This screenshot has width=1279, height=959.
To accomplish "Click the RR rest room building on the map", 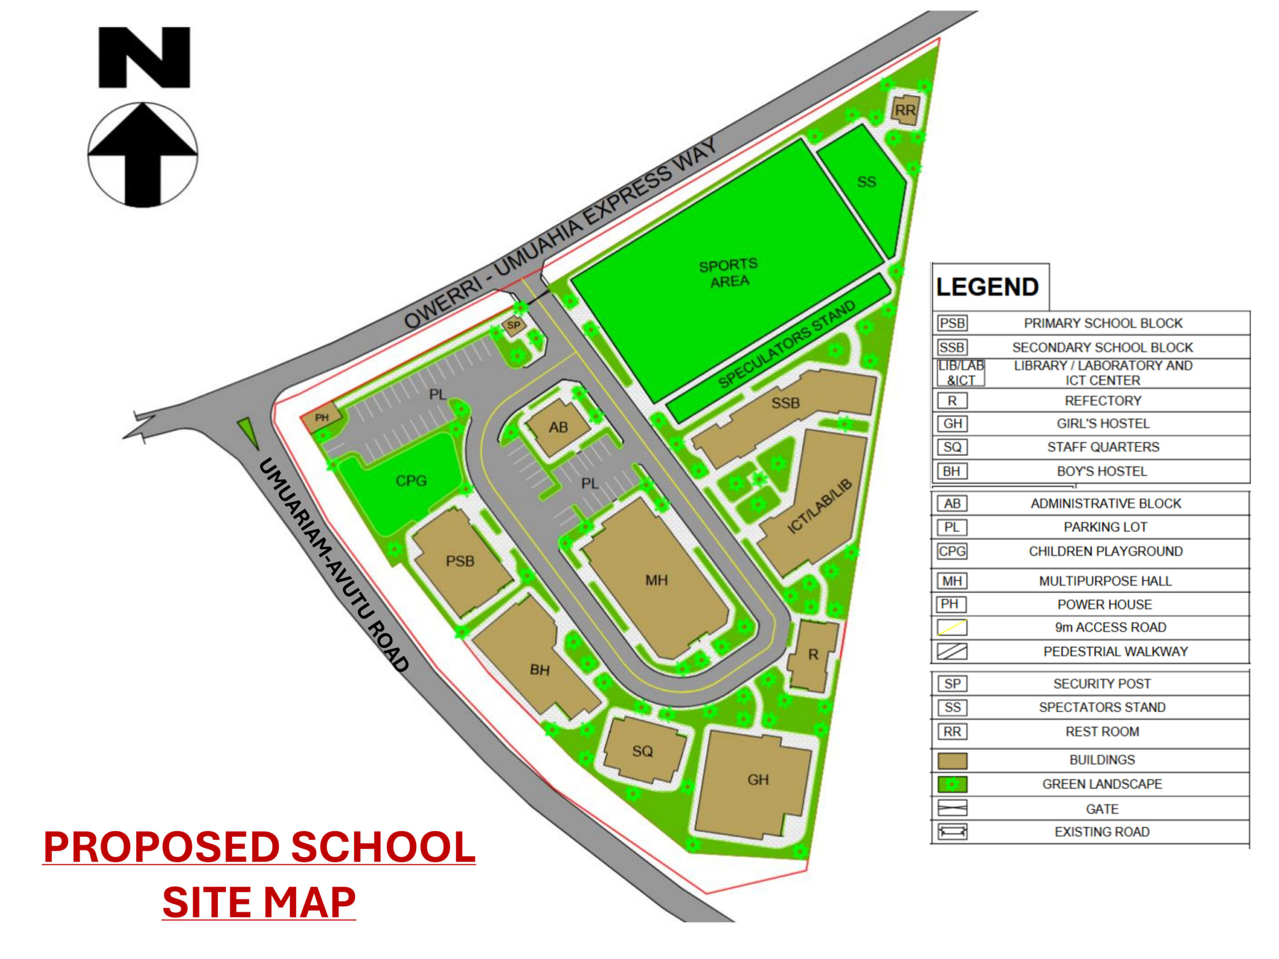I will (905, 109).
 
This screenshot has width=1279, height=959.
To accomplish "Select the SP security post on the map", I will (514, 326).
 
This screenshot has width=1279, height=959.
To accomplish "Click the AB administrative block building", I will (558, 428).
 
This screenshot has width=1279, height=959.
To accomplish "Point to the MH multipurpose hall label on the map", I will (656, 580).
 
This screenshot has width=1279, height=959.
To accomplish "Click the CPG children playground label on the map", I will (411, 480).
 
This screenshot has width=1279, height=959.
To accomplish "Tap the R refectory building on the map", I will (813, 655).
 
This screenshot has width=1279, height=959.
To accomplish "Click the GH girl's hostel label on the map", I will (757, 780).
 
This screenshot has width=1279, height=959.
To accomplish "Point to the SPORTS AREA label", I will (728, 273).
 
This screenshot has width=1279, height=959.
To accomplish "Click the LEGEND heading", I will (987, 287).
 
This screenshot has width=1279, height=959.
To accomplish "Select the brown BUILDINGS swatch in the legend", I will (952, 760).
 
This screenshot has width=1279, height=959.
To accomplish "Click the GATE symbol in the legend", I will (952, 808).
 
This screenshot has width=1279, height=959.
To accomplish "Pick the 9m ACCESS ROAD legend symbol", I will (952, 627).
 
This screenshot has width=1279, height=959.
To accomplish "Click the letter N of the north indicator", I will (144, 57).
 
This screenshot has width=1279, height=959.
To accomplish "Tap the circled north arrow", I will (143, 155).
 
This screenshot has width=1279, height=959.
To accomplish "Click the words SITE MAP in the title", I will (258, 902).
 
